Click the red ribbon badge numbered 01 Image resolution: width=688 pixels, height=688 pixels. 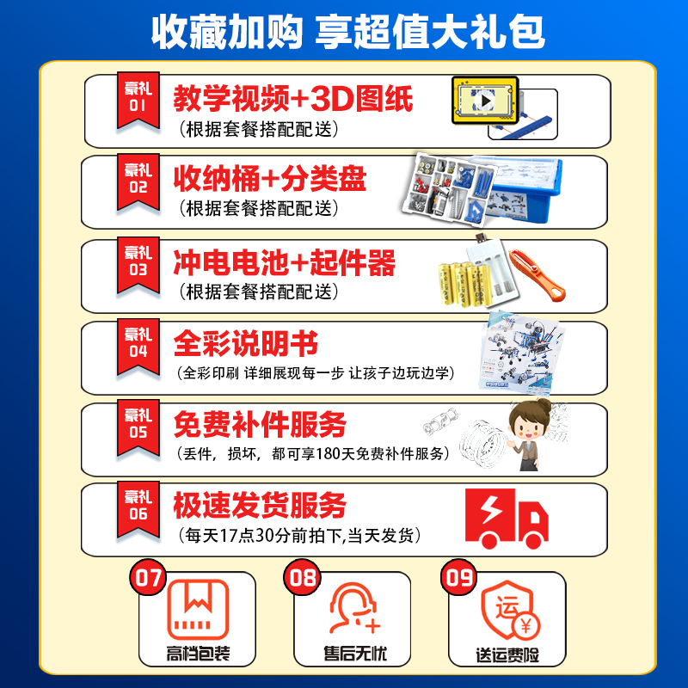coord(138,101)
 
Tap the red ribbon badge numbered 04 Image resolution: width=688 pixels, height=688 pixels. coord(138,347)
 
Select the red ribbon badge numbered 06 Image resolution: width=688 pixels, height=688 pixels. coord(138,510)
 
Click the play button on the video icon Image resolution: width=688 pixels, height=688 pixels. coord(485,101)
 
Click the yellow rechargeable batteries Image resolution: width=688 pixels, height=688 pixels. coord(464,284)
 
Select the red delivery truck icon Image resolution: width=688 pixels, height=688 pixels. coord(507,519)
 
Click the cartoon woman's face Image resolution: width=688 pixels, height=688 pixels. coord(525,425)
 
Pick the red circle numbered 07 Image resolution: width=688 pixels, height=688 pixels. coord(148,577)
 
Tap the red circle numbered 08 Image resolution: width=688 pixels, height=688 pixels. coord(303,577)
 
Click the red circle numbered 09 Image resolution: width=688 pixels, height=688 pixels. coord(459,577)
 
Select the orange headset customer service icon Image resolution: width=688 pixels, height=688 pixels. coord(353,608)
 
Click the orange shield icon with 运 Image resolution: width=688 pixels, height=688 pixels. coord(509,610)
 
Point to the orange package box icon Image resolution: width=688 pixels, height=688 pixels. coord(199,610)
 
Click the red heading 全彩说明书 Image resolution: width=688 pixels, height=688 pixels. coord(246,343)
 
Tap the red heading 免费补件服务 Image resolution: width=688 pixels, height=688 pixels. coord(260,424)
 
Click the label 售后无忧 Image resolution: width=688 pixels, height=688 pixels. coord(355,654)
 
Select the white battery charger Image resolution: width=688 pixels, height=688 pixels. coord(492,268)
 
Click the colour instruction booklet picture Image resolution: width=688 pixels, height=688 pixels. coord(521,352)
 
